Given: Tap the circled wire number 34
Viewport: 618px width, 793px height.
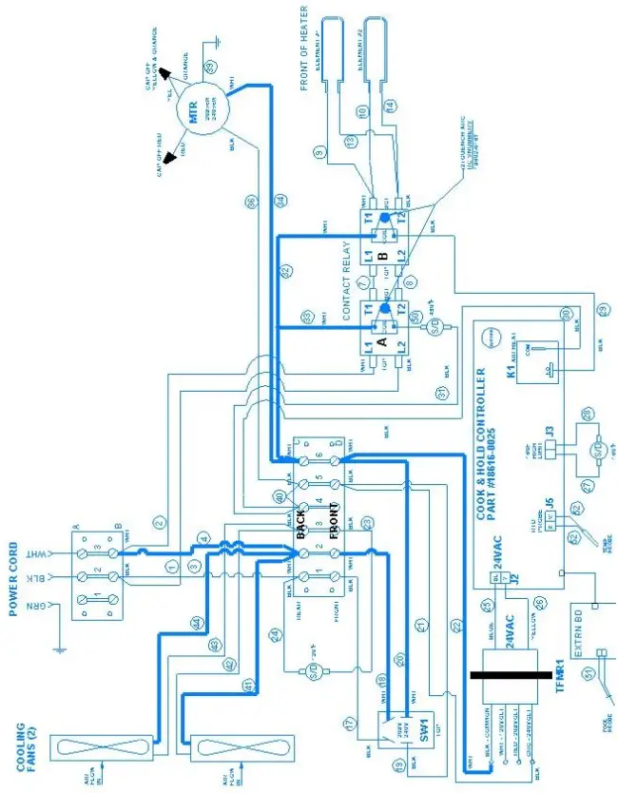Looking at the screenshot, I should point(280,201).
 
